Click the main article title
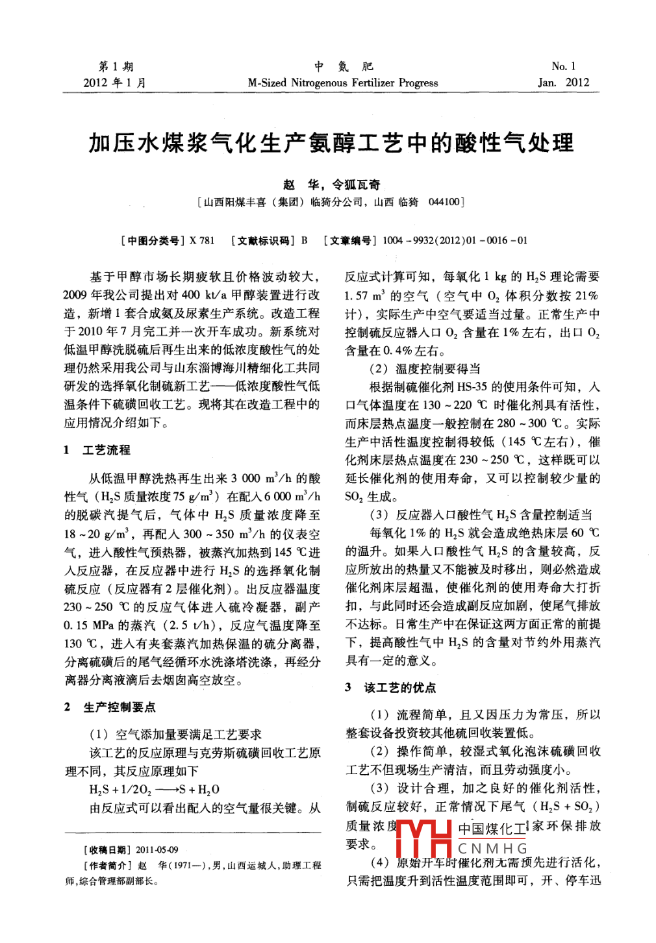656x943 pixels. tap(331, 144)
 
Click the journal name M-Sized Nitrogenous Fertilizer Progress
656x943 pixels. tap(342, 82)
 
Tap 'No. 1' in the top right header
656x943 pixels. tap(563, 66)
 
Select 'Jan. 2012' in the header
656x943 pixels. tap(563, 82)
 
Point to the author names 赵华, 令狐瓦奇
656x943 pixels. tap(331, 184)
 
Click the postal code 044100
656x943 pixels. tap(444, 202)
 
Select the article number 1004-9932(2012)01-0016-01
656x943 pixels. tap(455, 240)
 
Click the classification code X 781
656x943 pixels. tap(202, 240)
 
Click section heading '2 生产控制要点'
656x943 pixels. tap(110, 707)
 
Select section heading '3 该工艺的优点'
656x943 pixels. tap(390, 687)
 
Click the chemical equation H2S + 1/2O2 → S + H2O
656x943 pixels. tap(155, 790)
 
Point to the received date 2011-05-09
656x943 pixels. tap(157, 849)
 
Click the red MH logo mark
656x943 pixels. tap(423, 837)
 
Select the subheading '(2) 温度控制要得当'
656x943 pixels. tap(425, 368)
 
